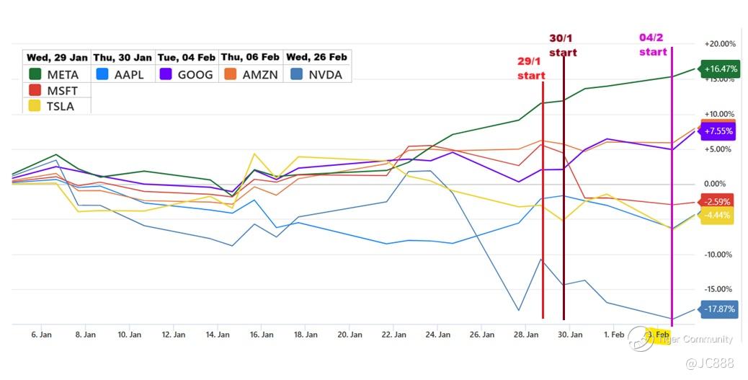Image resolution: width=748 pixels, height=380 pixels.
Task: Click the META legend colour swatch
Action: (x=34, y=74)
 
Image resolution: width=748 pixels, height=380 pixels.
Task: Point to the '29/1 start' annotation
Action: (x=530, y=69)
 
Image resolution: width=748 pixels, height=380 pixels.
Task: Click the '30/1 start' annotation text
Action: (x=563, y=45)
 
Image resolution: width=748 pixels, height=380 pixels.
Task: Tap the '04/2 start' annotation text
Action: (x=653, y=45)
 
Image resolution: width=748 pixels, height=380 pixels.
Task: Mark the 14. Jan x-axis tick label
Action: (x=217, y=335)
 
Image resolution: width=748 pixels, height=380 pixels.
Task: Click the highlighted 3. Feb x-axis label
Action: (x=658, y=335)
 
